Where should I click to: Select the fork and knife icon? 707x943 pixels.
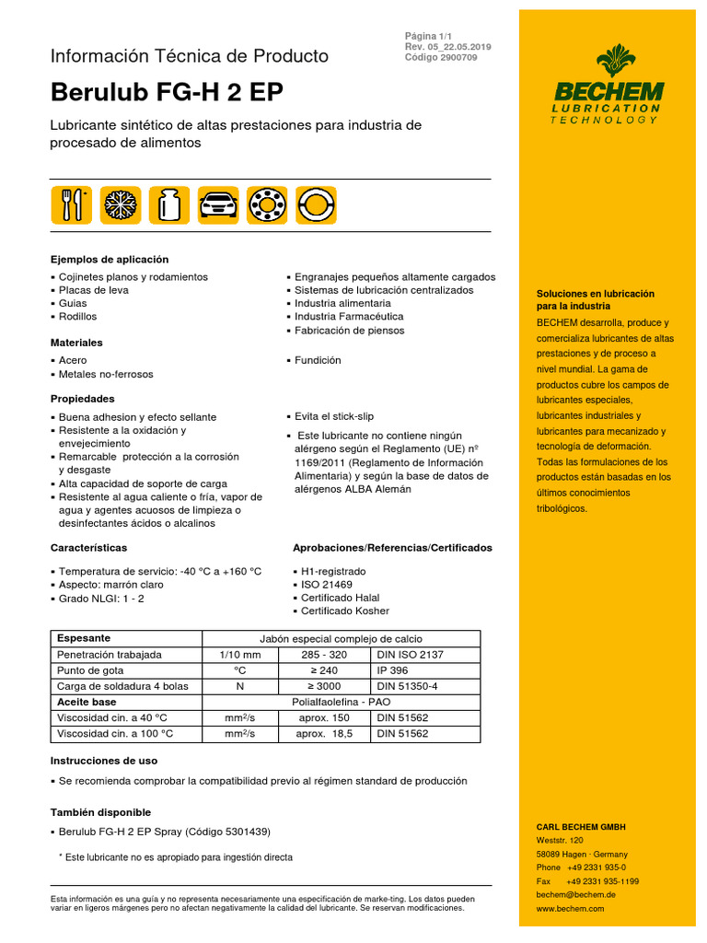70,204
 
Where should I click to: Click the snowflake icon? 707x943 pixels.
119,204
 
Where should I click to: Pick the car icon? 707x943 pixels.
217,204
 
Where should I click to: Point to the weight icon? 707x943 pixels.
168,204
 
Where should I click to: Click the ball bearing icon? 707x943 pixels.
266,204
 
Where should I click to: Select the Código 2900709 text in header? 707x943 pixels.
440,57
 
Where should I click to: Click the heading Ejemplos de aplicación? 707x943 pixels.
110,260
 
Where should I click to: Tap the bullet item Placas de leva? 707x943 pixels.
93,290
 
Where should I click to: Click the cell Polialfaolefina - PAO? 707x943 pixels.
341,702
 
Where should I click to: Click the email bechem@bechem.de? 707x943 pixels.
576,894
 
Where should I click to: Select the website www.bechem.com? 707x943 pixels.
570,908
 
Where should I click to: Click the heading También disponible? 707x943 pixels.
100,812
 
